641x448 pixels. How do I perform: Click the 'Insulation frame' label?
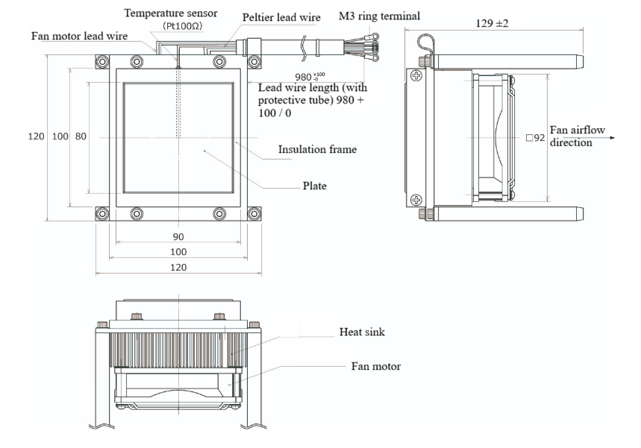(316, 149)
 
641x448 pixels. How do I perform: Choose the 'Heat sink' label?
(363, 332)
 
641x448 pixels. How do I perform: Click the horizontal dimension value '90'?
(178, 237)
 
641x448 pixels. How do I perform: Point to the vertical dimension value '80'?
(81, 137)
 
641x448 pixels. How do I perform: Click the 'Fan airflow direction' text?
(571, 136)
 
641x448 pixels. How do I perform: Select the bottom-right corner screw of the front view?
(257, 214)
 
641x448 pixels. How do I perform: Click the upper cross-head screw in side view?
(416, 76)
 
